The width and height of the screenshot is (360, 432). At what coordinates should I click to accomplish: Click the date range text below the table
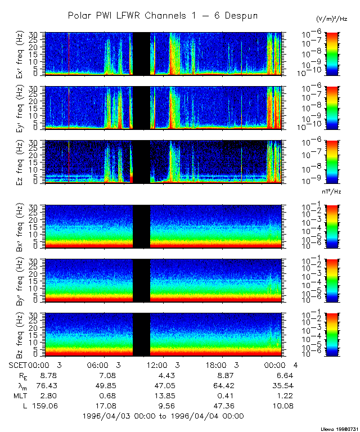163,416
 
